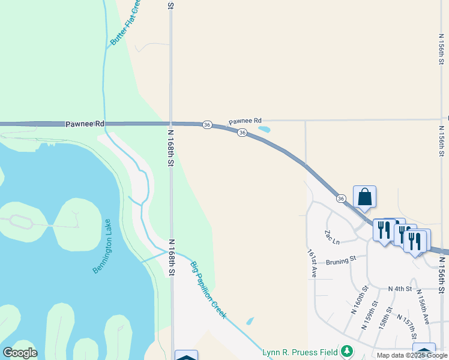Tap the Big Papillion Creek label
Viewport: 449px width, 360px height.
pyautogui.click(x=208, y=290)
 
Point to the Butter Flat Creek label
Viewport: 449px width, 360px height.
pyautogui.click(x=125, y=23)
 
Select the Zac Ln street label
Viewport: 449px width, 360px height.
pyautogui.click(x=332, y=238)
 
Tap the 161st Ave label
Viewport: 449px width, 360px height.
pyautogui.click(x=312, y=263)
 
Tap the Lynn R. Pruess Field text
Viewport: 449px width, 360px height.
pyautogui.click(x=300, y=350)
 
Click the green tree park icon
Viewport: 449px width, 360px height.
pyautogui.click(x=346, y=350)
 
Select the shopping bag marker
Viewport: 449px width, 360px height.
pyautogui.click(x=364, y=197)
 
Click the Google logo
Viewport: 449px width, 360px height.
pyautogui.click(x=20, y=353)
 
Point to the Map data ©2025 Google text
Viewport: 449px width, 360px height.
pyautogui.click(x=412, y=355)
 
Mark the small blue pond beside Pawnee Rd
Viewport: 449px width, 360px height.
pyautogui.click(x=264, y=128)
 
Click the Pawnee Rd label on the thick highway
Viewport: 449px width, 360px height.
pyautogui.click(x=85, y=124)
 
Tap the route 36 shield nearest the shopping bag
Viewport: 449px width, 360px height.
pyautogui.click(x=340, y=199)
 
